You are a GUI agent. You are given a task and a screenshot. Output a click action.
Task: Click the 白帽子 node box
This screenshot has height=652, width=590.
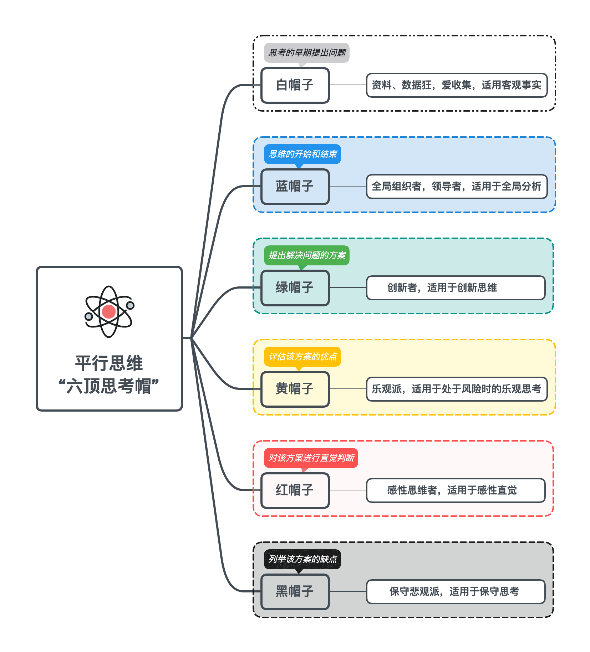coord(295,85)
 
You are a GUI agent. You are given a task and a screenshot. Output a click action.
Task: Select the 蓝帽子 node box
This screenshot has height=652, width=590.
coord(295,187)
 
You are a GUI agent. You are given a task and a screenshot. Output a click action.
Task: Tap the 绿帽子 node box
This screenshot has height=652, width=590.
coord(295,288)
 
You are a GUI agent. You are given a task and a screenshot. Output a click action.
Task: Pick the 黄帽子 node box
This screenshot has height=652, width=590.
coord(295,389)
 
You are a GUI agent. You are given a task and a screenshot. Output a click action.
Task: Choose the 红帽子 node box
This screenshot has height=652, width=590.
coord(295,490)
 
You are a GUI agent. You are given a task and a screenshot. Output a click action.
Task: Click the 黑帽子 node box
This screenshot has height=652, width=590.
coord(295,592)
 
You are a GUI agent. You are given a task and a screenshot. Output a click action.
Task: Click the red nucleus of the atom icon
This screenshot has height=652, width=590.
coord(108,311)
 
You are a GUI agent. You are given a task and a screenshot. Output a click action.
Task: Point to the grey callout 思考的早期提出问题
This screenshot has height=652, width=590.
coord(307,53)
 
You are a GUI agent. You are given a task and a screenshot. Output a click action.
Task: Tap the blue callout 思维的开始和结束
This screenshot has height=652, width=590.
coord(302,154)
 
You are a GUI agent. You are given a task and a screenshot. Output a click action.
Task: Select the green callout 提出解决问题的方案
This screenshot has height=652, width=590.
coord(307,255)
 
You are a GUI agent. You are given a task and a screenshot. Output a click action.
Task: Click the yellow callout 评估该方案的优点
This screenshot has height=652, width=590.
coord(302,357)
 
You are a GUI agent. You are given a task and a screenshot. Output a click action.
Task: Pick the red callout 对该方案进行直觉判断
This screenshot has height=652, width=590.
coord(311,458)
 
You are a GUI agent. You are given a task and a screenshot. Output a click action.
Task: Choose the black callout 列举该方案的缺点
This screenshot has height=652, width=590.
coord(302,559)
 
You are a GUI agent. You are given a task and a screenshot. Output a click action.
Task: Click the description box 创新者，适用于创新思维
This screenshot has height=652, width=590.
coord(456,288)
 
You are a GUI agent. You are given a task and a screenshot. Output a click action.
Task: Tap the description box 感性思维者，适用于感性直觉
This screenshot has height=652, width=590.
coord(456,490)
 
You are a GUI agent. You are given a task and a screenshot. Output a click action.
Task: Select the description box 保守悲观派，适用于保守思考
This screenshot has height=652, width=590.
coord(456,592)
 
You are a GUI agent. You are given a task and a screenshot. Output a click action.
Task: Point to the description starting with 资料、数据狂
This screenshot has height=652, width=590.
coord(457,85)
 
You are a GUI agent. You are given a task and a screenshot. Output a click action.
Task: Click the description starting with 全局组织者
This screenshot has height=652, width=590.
coord(457,187)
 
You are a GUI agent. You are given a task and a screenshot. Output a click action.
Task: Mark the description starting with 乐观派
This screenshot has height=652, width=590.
coord(457,389)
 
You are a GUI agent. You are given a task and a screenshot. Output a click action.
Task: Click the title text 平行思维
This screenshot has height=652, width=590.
coord(109,363)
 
